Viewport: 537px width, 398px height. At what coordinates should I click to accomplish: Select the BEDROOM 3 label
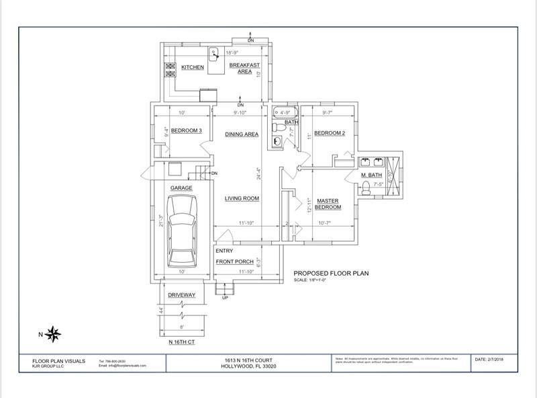tap(186, 130)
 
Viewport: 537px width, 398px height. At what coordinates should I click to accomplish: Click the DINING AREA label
tap(242, 134)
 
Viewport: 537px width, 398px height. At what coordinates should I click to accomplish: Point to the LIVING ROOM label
tap(242, 198)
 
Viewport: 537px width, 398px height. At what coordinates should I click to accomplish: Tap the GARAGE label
tap(181, 188)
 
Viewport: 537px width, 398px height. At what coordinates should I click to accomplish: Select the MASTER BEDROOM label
tap(328, 204)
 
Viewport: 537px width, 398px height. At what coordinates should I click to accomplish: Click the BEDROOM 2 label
tap(330, 133)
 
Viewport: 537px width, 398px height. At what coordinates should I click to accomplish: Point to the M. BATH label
tap(371, 175)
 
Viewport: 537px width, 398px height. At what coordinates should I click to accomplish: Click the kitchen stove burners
tap(170, 71)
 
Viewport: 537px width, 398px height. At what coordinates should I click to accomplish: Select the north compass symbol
tap(54, 333)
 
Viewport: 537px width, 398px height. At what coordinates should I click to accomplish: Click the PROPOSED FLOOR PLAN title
tap(331, 274)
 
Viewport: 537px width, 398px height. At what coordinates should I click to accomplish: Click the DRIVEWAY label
tap(181, 295)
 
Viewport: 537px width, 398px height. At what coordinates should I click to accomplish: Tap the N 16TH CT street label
tap(181, 342)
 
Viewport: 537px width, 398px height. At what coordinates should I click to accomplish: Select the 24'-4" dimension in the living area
tap(258, 173)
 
